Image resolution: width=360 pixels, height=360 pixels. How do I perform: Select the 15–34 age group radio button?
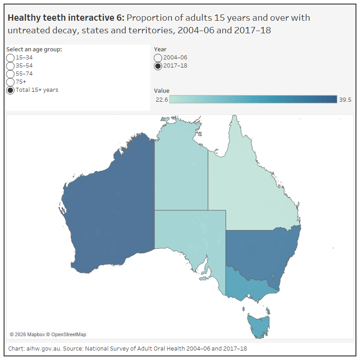tap(10, 58)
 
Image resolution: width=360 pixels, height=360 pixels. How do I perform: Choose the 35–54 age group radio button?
tap(10, 66)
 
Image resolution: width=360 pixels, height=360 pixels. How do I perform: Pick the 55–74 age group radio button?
tap(10, 74)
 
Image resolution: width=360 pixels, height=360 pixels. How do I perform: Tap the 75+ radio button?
tap(10, 82)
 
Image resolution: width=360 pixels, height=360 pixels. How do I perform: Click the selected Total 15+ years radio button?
tap(10, 90)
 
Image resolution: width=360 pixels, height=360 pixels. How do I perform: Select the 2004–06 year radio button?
tap(158, 58)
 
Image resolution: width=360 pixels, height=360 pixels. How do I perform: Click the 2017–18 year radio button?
tap(158, 66)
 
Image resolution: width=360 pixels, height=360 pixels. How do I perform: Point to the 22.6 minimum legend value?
tap(162, 100)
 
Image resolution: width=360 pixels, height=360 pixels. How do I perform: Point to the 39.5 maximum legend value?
tap(345, 100)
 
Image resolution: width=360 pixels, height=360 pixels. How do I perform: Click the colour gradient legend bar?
tap(253, 99)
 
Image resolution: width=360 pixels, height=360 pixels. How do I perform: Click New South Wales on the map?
tap(261, 252)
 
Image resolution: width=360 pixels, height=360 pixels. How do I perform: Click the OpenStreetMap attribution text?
tap(68, 334)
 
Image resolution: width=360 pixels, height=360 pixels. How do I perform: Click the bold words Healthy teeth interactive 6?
tap(66, 18)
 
